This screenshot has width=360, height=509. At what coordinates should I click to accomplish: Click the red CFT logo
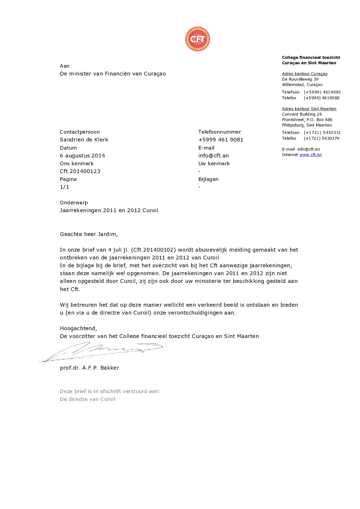pos(197,39)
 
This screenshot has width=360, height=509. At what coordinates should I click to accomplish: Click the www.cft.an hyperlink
pos(310,155)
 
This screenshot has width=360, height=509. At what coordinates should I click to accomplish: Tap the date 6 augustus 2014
pos(82,156)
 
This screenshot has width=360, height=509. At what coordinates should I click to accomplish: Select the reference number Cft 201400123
pos(80,171)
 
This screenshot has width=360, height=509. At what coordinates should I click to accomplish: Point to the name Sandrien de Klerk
pos(84,140)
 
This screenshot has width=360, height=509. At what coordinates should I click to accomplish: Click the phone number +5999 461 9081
pos(220,140)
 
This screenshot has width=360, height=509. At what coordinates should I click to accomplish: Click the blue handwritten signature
pos(102,351)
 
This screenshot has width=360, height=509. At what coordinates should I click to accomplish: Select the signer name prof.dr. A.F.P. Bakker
pos(89,368)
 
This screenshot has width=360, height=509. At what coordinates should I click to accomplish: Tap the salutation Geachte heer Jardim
pos(89,234)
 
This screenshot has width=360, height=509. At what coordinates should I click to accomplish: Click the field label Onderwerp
pos(74,203)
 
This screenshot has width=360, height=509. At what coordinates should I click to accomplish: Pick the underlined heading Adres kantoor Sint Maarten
pos(309,109)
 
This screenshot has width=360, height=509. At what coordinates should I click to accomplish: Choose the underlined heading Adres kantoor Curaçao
pos(305,74)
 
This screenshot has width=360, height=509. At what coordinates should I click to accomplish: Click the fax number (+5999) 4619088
pos(322,98)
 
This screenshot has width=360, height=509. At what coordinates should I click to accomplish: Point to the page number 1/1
pos(64,187)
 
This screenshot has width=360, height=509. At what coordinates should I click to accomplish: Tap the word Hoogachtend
pos(78,328)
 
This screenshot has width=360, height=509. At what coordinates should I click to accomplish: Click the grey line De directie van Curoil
pos(87,399)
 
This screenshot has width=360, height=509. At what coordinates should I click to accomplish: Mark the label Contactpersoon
pos(80,132)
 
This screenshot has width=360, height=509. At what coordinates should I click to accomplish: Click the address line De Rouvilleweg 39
pos(300,79)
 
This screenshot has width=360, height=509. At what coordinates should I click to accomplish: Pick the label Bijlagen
pos(208,179)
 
